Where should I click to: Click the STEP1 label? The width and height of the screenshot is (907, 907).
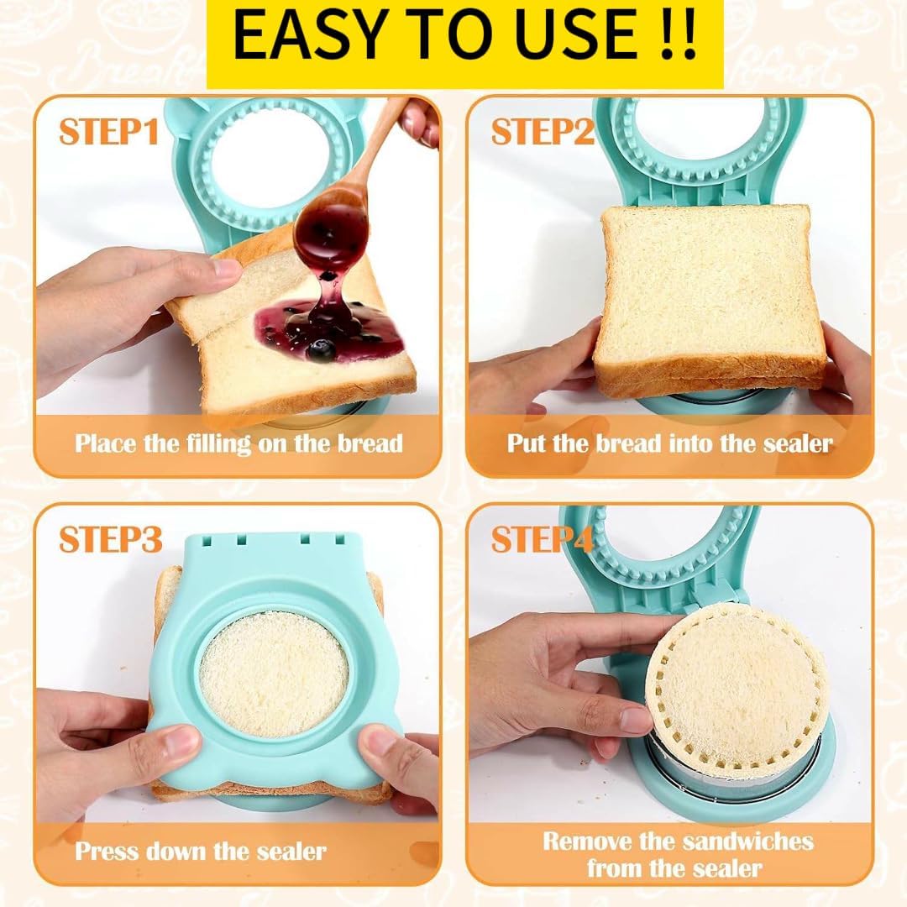click(x=108, y=132)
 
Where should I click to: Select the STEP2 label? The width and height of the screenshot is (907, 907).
click(x=543, y=132)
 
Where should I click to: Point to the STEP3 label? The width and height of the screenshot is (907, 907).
click(x=110, y=540)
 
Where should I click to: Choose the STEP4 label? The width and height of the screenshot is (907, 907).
click(x=542, y=540)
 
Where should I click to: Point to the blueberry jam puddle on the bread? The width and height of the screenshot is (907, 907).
click(x=330, y=331)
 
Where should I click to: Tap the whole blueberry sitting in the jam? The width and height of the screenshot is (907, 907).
click(x=319, y=349)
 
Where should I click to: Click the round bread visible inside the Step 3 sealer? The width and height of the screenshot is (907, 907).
click(x=274, y=683)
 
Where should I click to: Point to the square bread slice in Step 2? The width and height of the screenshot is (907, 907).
click(x=711, y=301)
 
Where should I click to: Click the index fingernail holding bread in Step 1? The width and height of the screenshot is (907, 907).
click(x=225, y=268)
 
